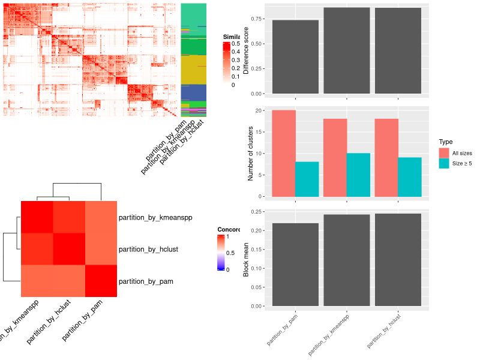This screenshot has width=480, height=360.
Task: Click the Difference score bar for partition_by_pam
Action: tap(295, 57)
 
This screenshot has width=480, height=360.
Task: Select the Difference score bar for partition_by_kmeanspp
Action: tap(347, 50)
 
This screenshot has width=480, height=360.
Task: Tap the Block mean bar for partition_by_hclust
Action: tap(398, 260)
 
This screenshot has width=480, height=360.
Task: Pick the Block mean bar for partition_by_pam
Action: tap(295, 265)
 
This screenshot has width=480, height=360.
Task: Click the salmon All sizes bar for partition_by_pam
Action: tap(284, 153)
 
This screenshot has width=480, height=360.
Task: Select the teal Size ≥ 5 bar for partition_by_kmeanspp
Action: tap(358, 175)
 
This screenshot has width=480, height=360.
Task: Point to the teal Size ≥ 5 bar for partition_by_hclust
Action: tap(410, 176)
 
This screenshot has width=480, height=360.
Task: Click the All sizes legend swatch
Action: tap(444, 153)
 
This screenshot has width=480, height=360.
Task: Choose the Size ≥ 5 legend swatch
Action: tap(444, 163)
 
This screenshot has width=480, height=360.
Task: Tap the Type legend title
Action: tap(445, 142)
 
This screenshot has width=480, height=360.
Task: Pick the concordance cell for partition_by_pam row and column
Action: tap(101, 281)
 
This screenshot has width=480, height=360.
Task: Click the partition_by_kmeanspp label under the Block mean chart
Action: tap(329, 333)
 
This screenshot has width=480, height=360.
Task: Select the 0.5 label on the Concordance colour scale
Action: tap(229, 253)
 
